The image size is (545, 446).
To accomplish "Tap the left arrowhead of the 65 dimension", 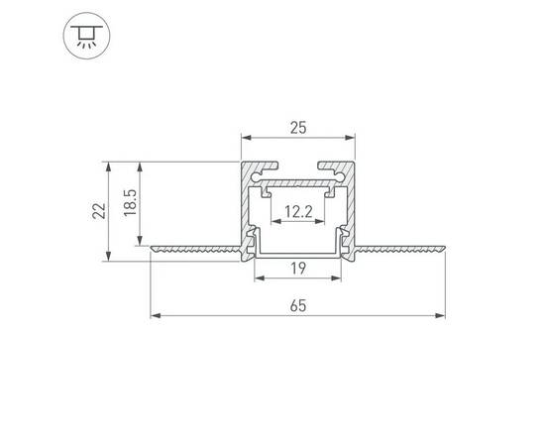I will pyautogui.click(x=154, y=317).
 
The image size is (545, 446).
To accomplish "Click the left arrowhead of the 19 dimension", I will pyautogui.click(x=260, y=280).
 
